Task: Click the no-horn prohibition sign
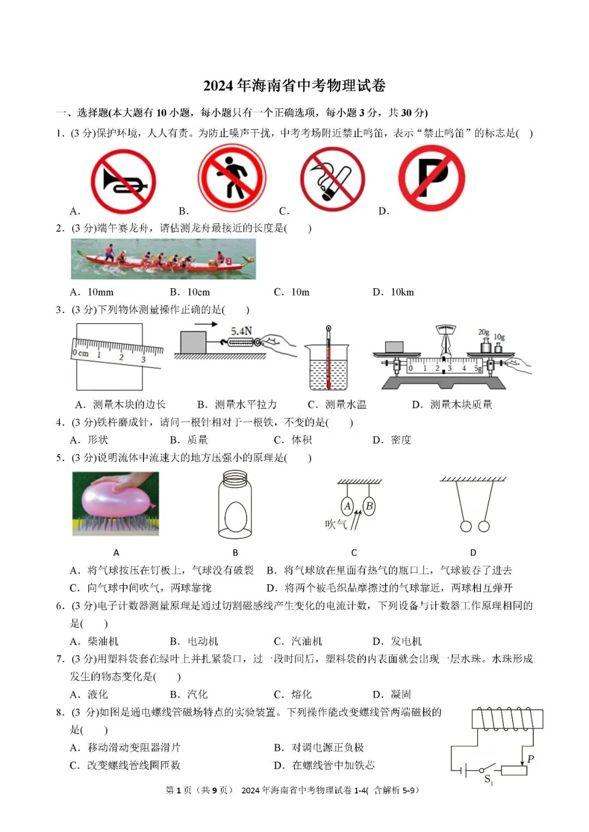(123, 181)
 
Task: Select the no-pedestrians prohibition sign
(232, 178)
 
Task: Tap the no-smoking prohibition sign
(333, 179)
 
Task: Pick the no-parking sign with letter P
(431, 178)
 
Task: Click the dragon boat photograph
(163, 259)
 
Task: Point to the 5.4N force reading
(241, 331)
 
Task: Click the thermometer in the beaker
(328, 357)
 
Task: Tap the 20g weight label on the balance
(483, 332)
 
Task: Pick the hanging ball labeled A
(347, 506)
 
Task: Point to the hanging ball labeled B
(369, 506)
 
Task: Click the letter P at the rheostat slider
(531, 758)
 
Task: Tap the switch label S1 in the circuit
(489, 780)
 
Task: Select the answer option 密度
(401, 440)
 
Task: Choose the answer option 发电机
(406, 641)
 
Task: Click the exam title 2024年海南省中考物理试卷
(294, 86)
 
